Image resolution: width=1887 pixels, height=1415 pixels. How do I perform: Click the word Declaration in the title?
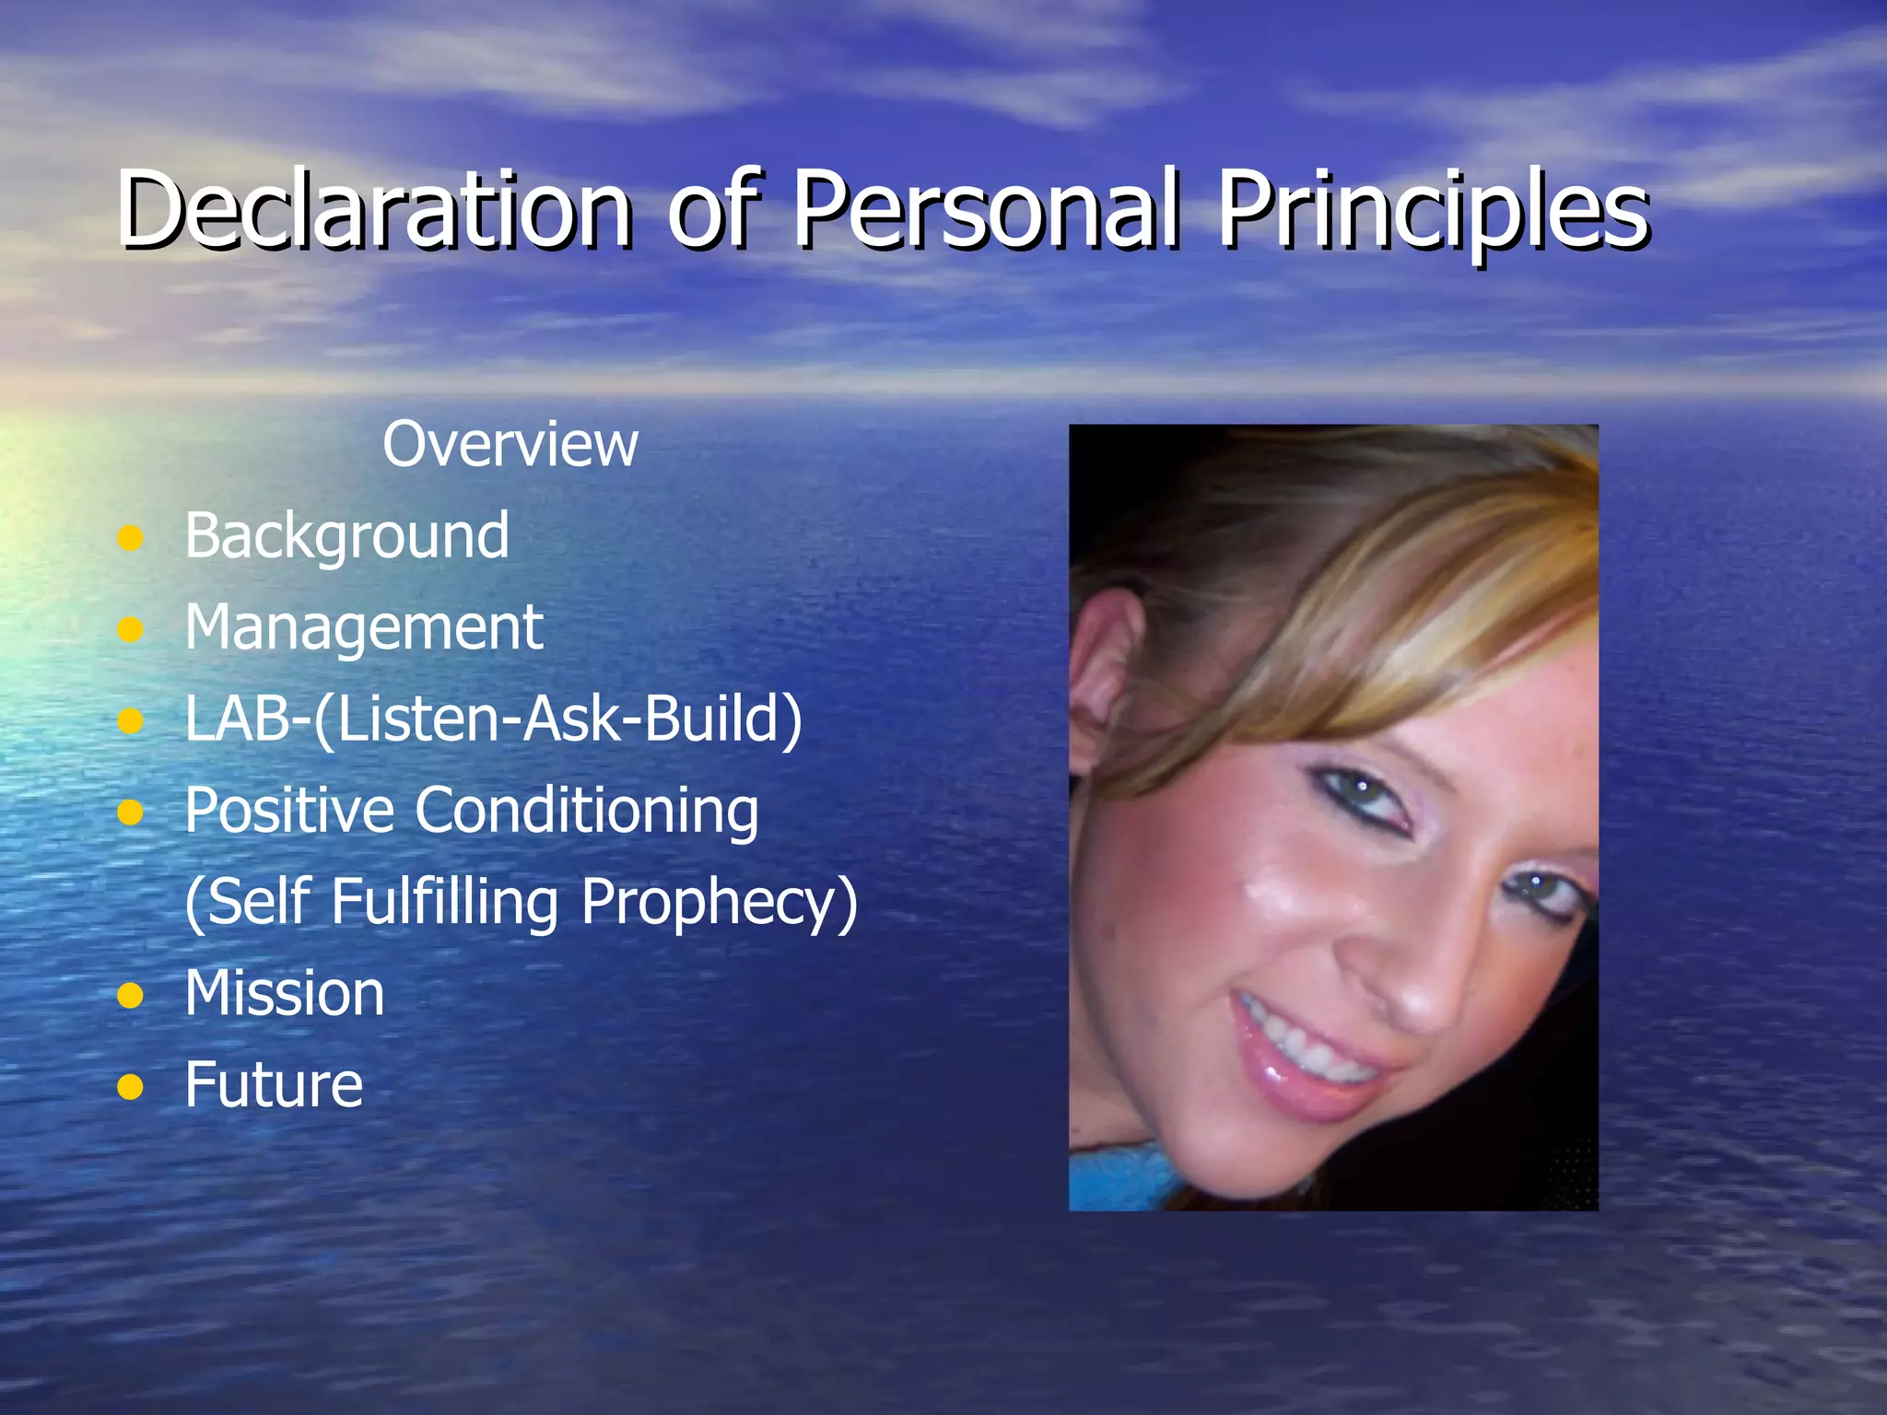[x=373, y=209]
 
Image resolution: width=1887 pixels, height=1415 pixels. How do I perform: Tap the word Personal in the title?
[x=986, y=209]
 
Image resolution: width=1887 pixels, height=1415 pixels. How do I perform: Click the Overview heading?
[x=510, y=445]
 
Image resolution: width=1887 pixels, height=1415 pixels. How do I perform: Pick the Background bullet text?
[x=346, y=536]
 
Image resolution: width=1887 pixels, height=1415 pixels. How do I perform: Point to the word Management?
[x=364, y=627]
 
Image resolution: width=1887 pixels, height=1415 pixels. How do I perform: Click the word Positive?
[x=289, y=811]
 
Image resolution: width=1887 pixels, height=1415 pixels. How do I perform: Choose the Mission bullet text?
[x=284, y=993]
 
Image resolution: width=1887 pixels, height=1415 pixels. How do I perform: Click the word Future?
[x=274, y=1084]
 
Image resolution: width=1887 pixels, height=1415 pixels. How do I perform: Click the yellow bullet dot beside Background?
[x=131, y=538]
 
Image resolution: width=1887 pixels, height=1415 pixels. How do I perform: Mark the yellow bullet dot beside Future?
[x=131, y=1087]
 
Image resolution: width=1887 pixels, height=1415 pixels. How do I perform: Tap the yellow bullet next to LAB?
[x=131, y=721]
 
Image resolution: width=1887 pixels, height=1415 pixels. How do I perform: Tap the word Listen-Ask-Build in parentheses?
[x=557, y=719]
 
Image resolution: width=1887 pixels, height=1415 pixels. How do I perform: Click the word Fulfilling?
[x=444, y=902]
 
